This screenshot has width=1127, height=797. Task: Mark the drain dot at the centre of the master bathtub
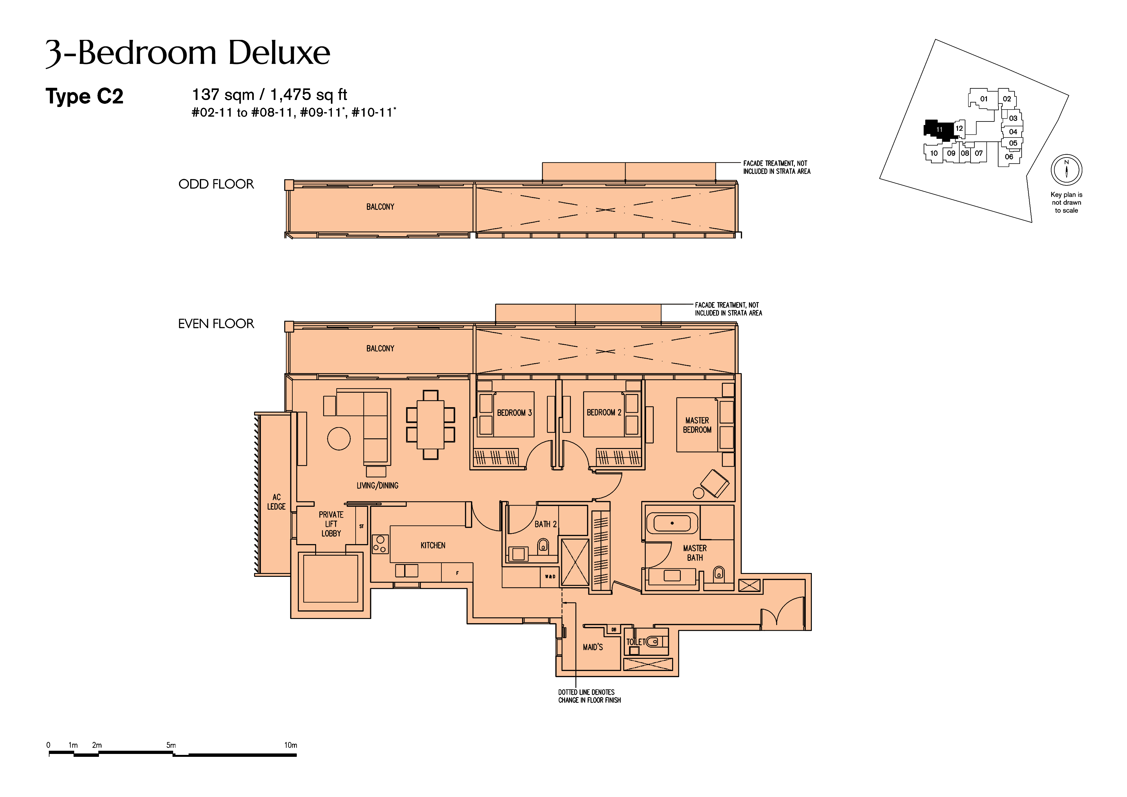[672, 523]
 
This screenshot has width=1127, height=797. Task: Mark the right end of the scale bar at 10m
[297, 755]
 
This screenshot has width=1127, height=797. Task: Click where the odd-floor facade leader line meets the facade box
[716, 163]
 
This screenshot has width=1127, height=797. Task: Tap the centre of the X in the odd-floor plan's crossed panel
[606, 210]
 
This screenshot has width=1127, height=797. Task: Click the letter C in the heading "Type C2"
[103, 96]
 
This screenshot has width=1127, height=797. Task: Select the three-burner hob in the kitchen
[380, 544]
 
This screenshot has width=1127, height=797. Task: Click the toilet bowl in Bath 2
[543, 546]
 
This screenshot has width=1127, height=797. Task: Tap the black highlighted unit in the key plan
[939, 130]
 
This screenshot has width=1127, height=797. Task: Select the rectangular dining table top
[430, 425]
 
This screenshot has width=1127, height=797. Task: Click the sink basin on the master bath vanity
[672, 576]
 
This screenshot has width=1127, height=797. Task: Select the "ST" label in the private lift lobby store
[361, 526]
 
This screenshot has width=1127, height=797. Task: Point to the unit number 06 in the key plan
[1009, 157]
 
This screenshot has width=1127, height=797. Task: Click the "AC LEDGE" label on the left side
[276, 502]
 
